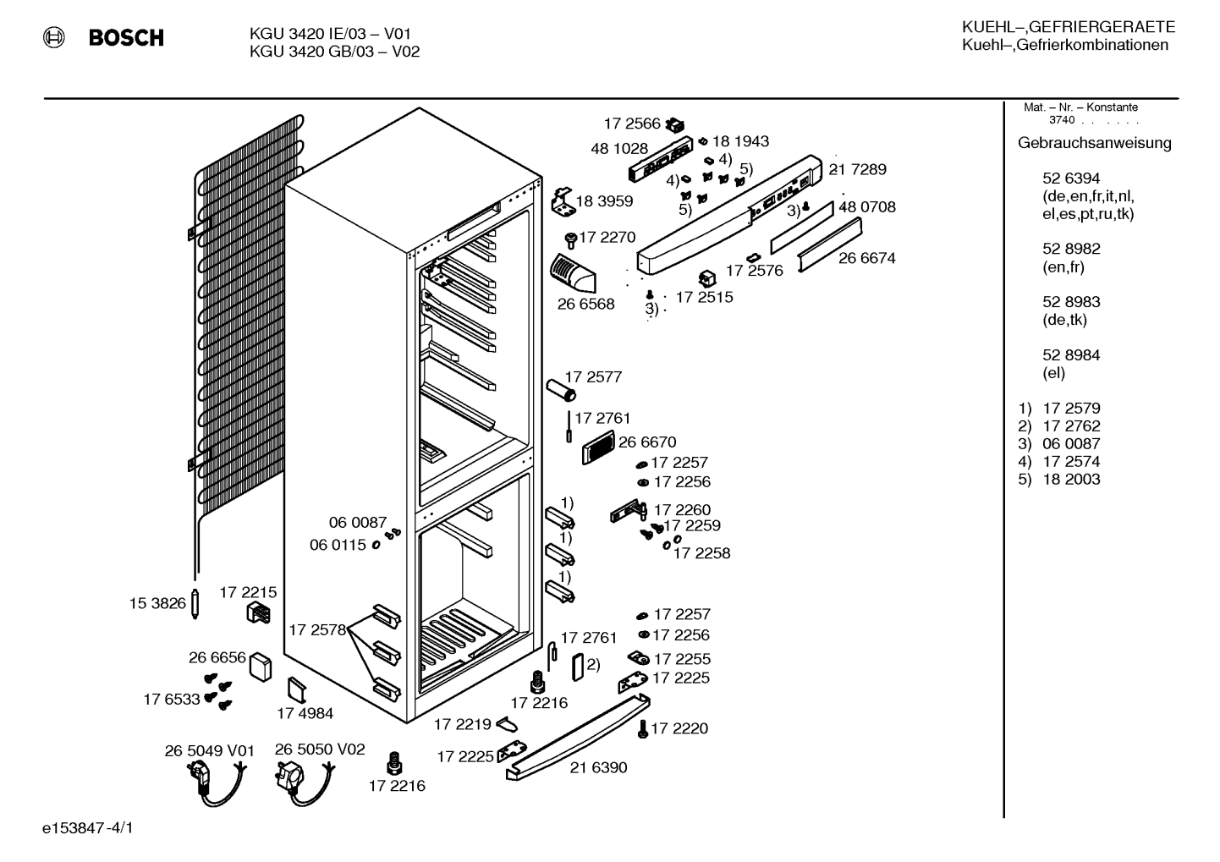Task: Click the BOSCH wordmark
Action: [126, 37]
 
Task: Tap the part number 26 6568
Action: [585, 304]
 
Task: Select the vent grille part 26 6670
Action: [597, 447]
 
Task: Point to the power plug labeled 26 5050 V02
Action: [304, 782]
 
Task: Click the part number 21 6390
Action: [598, 767]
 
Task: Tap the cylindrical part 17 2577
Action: [561, 391]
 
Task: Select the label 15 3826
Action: [157, 603]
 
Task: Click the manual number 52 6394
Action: [1071, 178]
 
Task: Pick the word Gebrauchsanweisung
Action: [1094, 143]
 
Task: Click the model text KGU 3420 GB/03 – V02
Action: [334, 52]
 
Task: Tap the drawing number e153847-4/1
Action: [88, 828]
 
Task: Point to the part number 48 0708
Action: [867, 207]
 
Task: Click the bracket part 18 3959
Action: [563, 201]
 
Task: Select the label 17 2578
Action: [317, 630]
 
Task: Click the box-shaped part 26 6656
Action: [261, 667]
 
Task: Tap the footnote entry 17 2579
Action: [1071, 409]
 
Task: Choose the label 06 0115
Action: [338, 545]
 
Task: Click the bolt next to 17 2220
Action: [643, 728]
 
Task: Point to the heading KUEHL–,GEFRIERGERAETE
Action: [1069, 27]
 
